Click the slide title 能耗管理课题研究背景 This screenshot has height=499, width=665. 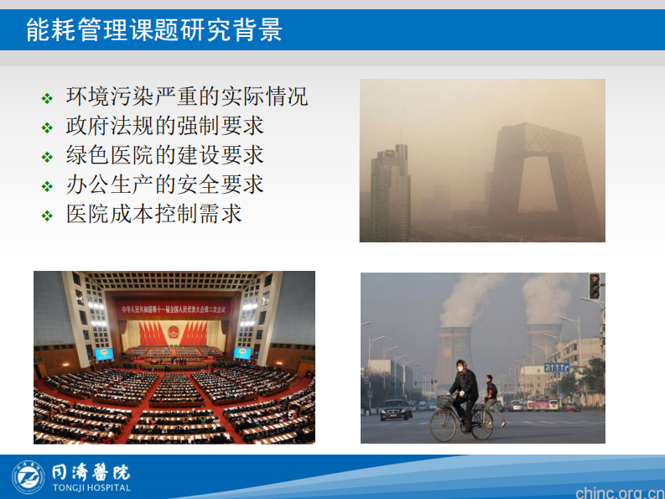[154, 30]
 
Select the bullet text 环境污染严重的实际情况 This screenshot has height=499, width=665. [187, 96]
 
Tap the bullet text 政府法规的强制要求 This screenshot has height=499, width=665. [165, 126]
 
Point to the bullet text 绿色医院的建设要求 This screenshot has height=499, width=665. [165, 155]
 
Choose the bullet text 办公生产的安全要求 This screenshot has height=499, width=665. [165, 185]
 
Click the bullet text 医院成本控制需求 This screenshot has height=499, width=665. [154, 214]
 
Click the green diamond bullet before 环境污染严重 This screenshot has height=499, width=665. [47, 98]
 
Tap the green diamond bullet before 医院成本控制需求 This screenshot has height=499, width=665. [47, 216]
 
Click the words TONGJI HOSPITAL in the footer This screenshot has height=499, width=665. [91, 488]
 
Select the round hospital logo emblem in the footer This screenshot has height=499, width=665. [29, 476]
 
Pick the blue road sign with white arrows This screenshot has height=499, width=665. [556, 367]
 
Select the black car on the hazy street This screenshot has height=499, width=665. [396, 409]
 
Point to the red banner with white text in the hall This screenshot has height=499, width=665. [174, 307]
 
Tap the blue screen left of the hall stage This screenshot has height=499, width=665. [104, 353]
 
